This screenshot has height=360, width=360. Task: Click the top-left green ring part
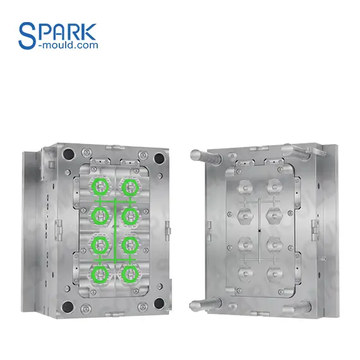pyautogui.click(x=100, y=186)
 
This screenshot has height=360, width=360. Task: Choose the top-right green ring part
pyautogui.click(x=131, y=186)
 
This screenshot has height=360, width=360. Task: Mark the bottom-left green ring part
pyautogui.click(x=100, y=273)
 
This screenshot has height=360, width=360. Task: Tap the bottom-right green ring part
pyautogui.click(x=131, y=273)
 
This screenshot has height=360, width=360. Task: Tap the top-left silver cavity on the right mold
pyautogui.click(x=243, y=187)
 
